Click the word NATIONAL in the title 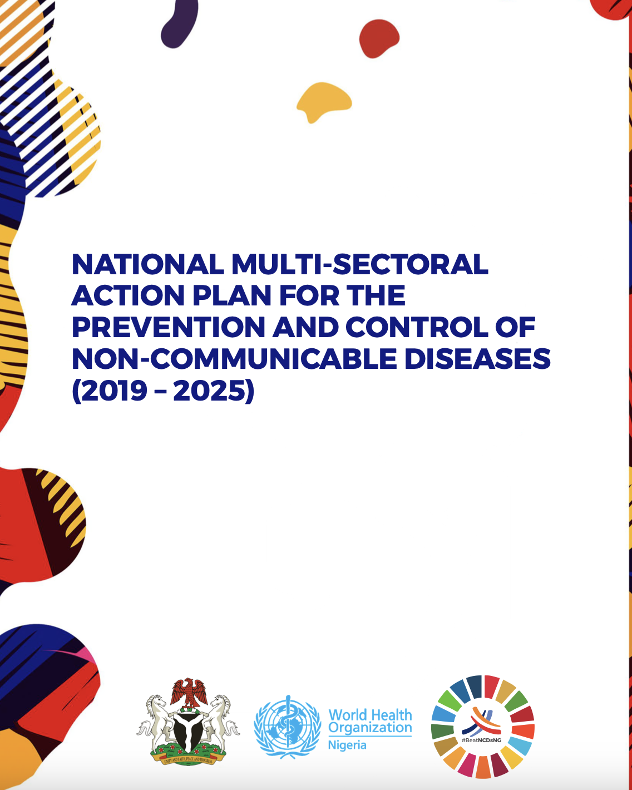(147, 265)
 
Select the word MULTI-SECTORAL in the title (360, 265)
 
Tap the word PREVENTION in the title (169, 328)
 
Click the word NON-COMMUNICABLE (234, 359)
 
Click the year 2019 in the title (116, 391)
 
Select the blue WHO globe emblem (287, 726)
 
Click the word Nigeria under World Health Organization (347, 745)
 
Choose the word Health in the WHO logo (391, 715)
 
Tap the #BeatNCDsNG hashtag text (482, 740)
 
